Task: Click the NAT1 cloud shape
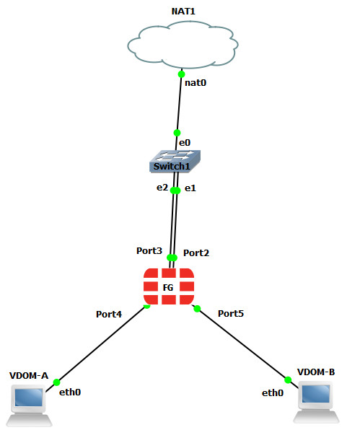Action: tap(183, 45)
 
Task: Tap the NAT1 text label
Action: tap(183, 12)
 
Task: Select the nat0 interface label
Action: tap(196, 83)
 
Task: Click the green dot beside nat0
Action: tap(181, 74)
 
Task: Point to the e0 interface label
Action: tap(185, 143)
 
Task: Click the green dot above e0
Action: tap(177, 133)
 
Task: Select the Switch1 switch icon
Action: tap(175, 162)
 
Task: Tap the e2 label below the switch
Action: tap(162, 188)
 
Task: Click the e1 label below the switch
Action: tap(190, 188)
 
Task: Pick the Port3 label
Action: tap(149, 251)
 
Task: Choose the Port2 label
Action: tap(196, 253)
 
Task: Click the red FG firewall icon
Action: tap(169, 286)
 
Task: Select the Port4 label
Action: tap(109, 314)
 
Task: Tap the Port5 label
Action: tap(231, 314)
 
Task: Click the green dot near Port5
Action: tap(197, 309)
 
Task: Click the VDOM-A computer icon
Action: tap(29, 405)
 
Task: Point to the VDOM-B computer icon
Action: tap(316, 402)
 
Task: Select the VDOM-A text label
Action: tap(29, 376)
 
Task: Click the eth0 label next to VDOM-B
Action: tap(273, 393)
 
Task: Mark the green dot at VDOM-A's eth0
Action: tap(56, 382)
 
